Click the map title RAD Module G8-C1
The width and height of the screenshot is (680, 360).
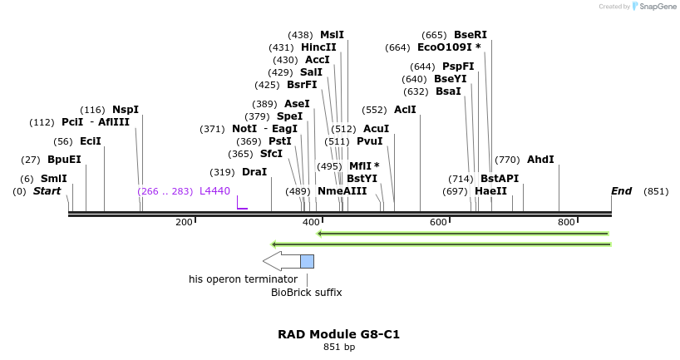pyautogui.click(x=339, y=334)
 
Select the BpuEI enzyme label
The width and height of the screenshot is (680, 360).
pyautogui.click(x=64, y=160)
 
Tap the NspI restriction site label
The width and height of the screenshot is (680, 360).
pyautogui.click(x=126, y=110)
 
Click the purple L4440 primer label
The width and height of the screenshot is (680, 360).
pyautogui.click(x=214, y=191)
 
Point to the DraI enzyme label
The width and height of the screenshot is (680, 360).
pyautogui.click(x=254, y=172)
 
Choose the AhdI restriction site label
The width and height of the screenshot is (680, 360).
pyautogui.click(x=540, y=160)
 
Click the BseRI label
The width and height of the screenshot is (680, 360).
pyautogui.click(x=471, y=35)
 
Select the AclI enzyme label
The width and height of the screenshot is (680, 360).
pyautogui.click(x=405, y=110)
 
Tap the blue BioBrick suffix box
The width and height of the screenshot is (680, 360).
pyautogui.click(x=307, y=261)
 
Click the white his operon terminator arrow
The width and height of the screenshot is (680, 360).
pyautogui.click(x=281, y=261)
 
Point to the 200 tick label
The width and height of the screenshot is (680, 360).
pyautogui.click(x=184, y=222)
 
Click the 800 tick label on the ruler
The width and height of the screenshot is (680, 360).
pyautogui.click(x=566, y=222)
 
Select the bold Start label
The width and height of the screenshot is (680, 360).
pyautogui.click(x=47, y=191)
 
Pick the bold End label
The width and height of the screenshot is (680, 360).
pyautogui.click(x=621, y=191)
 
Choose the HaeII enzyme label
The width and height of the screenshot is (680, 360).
pyautogui.click(x=490, y=191)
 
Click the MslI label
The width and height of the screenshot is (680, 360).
pyautogui.click(x=332, y=35)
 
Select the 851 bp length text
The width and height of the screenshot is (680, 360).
pyautogui.click(x=339, y=348)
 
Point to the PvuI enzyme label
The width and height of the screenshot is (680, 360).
pyautogui.click(x=369, y=141)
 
